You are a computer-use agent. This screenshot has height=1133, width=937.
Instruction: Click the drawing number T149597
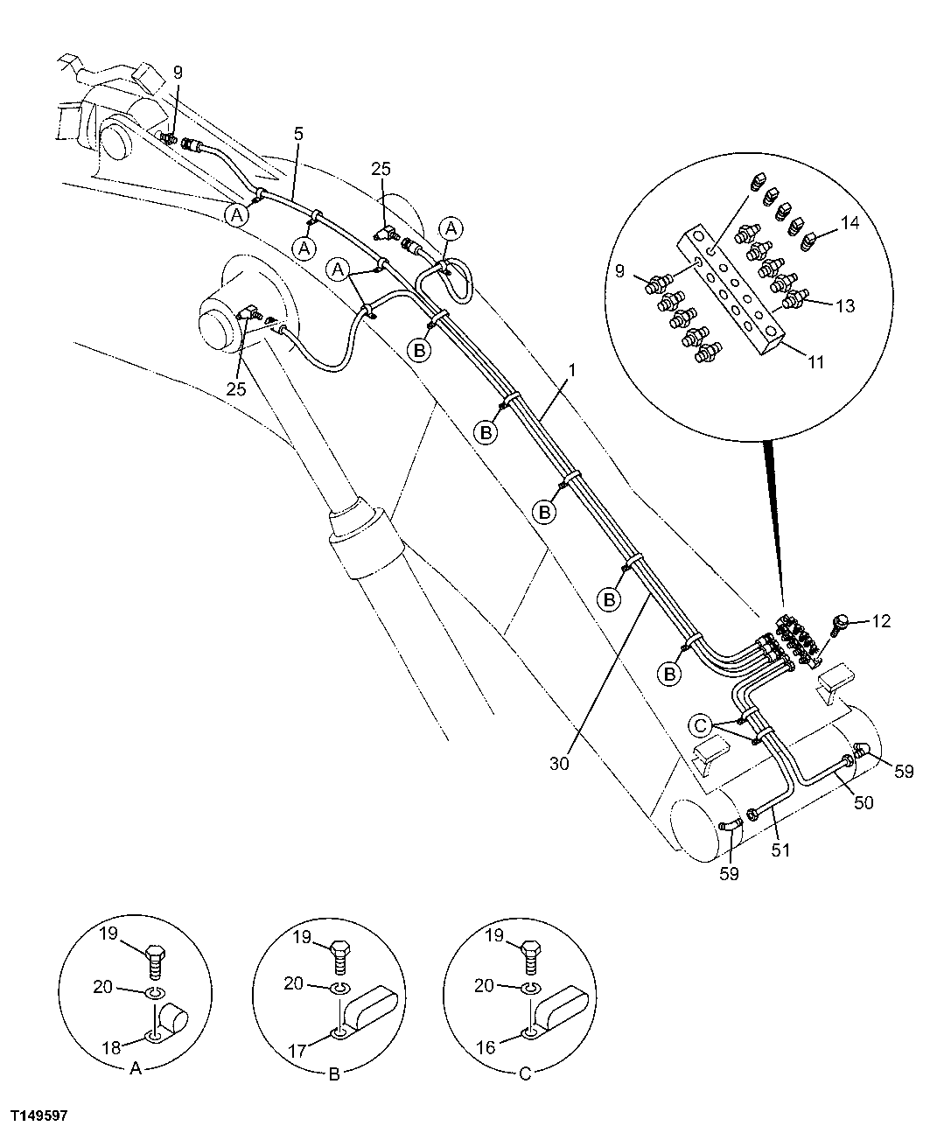pyautogui.click(x=39, y=1116)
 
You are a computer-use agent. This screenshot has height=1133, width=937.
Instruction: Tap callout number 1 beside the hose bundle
pyautogui.click(x=570, y=371)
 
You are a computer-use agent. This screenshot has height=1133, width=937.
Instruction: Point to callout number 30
pyautogui.click(x=559, y=763)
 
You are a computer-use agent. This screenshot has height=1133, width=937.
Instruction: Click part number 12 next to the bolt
pyautogui.click(x=881, y=621)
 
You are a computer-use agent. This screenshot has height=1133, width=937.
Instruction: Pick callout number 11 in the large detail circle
pyautogui.click(x=815, y=360)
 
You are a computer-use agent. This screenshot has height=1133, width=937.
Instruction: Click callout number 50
pyautogui.click(x=863, y=802)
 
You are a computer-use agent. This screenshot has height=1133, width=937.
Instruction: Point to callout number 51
pyautogui.click(x=780, y=849)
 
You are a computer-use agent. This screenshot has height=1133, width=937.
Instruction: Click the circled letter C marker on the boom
pyautogui.click(x=699, y=724)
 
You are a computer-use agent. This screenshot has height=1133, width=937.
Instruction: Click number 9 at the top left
pyautogui.click(x=178, y=73)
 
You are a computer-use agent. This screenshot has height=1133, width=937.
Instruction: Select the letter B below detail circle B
pyautogui.click(x=333, y=1075)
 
